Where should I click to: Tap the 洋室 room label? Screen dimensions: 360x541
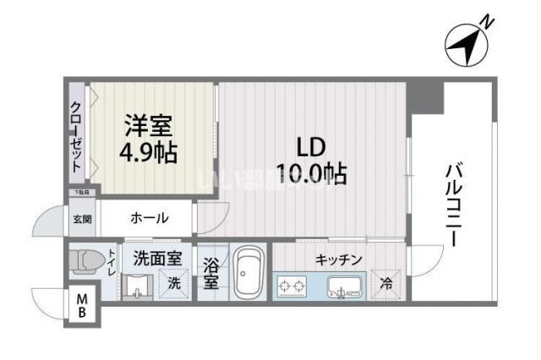point(149,128)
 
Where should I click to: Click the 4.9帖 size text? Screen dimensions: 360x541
point(149,154)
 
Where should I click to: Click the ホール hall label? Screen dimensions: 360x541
point(149,219)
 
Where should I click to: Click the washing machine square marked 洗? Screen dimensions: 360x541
point(172,281)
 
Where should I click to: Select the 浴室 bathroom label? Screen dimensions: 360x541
point(210,273)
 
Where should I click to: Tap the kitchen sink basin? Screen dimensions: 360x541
point(345,285)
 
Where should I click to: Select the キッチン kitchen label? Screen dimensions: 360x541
point(339,259)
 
